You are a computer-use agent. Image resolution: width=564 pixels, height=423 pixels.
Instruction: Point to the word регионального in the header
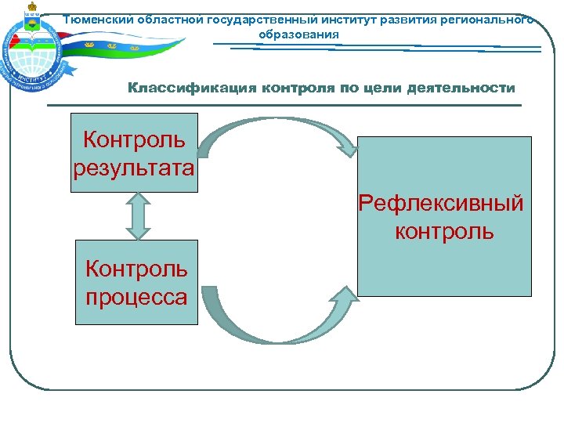[x=486, y=20]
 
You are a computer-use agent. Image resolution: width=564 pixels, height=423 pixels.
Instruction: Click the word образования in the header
[x=298, y=35]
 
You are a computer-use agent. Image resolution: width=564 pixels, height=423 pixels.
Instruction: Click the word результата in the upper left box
[x=134, y=168]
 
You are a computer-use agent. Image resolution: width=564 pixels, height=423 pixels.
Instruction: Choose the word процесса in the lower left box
[x=137, y=297]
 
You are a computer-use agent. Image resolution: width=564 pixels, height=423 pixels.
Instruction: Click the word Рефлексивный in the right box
[x=441, y=204]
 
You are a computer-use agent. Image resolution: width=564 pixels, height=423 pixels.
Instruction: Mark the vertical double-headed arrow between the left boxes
[x=137, y=215]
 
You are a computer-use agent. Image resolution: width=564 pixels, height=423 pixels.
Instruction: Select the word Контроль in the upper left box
[x=134, y=140]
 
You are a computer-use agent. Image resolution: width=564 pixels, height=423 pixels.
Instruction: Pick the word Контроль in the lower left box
[x=137, y=269]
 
